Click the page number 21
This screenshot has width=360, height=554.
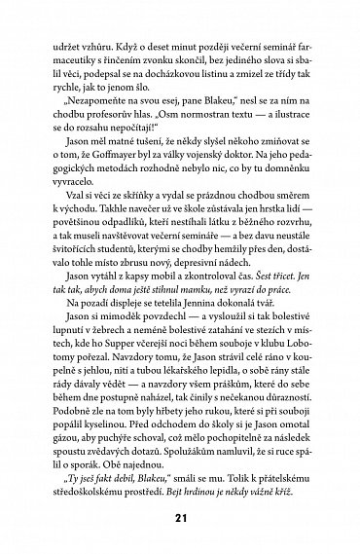point(179,519)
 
